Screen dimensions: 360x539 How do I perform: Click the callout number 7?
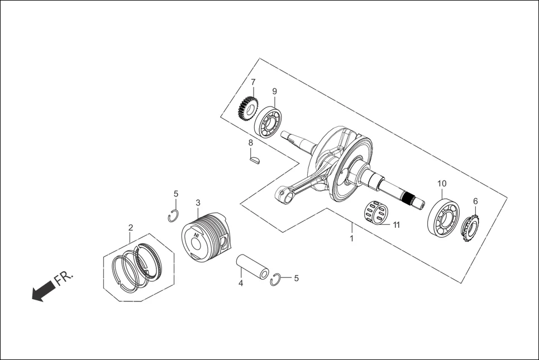click(x=253, y=82)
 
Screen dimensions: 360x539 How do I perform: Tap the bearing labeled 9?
click(x=268, y=121)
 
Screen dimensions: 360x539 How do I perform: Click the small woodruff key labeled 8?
click(x=255, y=161)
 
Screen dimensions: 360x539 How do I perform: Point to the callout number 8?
click(x=251, y=143)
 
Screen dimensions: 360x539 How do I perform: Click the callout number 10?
click(x=442, y=183)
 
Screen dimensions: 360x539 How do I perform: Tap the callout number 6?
click(x=475, y=201)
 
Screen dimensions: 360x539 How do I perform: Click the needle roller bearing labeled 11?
click(x=376, y=213)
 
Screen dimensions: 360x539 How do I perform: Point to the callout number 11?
click(x=397, y=225)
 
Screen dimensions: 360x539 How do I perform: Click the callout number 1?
click(x=351, y=238)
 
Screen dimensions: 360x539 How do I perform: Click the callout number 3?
click(x=198, y=203)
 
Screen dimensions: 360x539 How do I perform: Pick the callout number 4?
click(x=241, y=284)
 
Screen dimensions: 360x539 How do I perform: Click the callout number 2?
click(x=131, y=228)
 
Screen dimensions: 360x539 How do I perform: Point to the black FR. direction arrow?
click(x=44, y=290)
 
